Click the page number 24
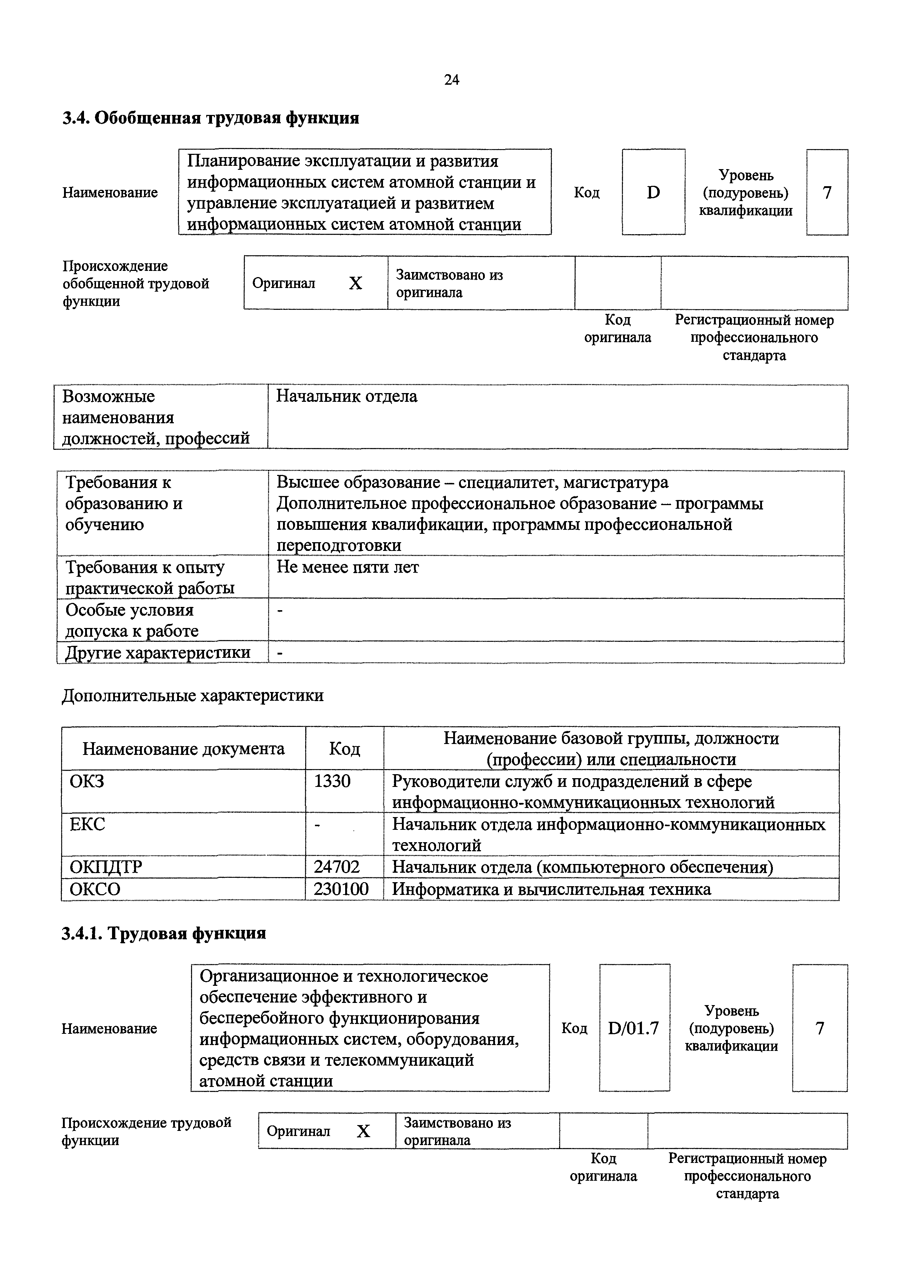[x=451, y=80]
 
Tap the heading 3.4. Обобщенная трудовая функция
[x=211, y=118]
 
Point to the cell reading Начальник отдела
[x=347, y=396]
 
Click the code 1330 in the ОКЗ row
[x=332, y=781]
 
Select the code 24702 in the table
[x=337, y=867]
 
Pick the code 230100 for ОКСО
[x=341, y=889]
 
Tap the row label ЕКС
[x=87, y=824]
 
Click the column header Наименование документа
[x=183, y=749]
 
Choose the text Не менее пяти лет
[x=348, y=567]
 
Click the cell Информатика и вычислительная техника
[x=551, y=889]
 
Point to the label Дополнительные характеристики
[x=192, y=695]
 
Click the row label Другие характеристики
[x=158, y=652]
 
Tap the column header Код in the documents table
[x=344, y=749]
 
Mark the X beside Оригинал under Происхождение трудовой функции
[x=363, y=1131]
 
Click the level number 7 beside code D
[x=827, y=192]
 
